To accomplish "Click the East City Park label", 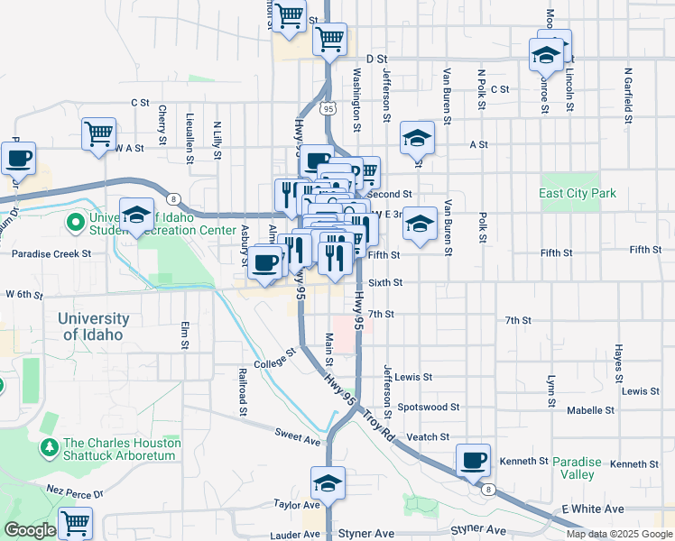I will point(577,193).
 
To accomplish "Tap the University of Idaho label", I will point(94,326).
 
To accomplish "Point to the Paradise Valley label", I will point(574,467).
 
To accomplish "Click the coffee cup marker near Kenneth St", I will point(473,461).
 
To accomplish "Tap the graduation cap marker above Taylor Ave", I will point(328,484).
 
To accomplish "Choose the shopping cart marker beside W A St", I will point(99,133).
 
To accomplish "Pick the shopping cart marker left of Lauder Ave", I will point(76,524).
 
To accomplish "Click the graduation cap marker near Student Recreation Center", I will point(136,215).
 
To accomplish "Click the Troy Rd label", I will point(380,424).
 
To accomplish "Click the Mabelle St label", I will point(591,410).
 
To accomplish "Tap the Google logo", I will point(30,530).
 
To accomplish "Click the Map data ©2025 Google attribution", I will point(619,534).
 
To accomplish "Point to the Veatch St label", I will point(428,437).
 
